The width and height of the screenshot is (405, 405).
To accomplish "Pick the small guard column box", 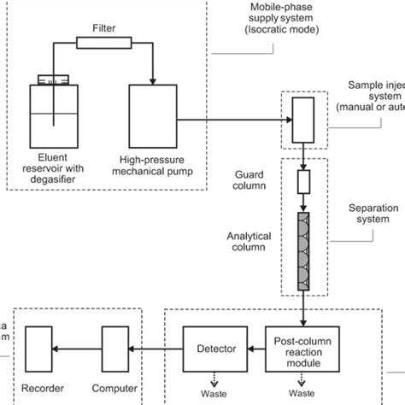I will (x=303, y=181).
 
